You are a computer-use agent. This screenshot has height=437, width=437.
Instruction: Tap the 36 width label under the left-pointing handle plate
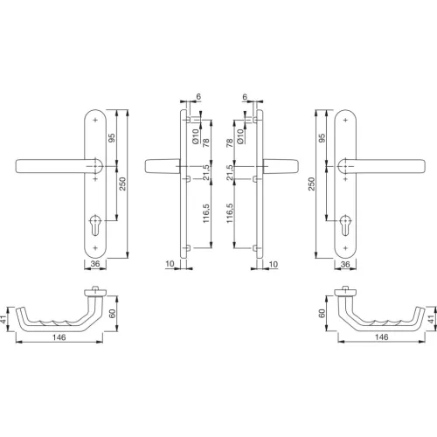click(x=95, y=264)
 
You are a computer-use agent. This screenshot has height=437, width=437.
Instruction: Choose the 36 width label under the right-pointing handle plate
click(x=344, y=264)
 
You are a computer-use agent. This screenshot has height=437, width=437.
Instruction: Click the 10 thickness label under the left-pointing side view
click(x=168, y=262)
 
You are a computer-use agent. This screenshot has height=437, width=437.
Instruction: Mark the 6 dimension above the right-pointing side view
click(x=245, y=99)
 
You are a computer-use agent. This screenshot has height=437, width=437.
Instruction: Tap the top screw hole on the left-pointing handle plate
click(x=95, y=119)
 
